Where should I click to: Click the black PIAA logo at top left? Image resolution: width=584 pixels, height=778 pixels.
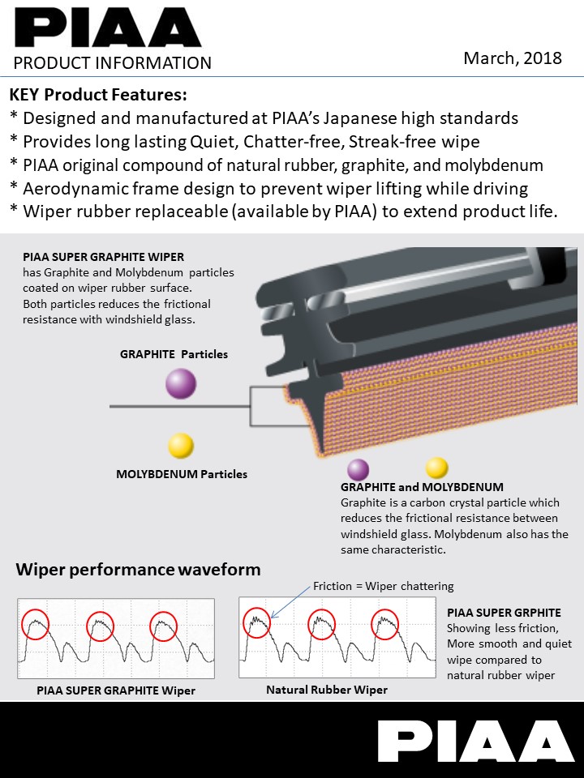[107, 28]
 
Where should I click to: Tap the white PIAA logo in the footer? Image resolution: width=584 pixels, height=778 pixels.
[475, 742]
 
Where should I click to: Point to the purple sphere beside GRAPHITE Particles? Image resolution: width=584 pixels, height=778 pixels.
[181, 383]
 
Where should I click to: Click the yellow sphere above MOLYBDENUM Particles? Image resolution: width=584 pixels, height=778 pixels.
[181, 446]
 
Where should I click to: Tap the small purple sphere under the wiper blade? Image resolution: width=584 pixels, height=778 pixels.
[358, 469]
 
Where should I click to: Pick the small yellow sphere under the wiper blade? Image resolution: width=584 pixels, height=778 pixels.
[436, 468]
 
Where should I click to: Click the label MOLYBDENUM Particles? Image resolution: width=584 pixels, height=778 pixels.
[182, 474]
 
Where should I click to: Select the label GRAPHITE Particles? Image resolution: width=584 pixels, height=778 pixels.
[174, 354]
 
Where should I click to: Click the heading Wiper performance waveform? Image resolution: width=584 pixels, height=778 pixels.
[138, 570]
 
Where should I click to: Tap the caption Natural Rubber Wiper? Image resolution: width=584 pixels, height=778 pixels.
[327, 690]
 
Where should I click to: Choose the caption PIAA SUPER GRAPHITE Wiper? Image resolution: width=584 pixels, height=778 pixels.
[116, 690]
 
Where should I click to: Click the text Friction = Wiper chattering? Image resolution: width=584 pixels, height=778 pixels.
[384, 586]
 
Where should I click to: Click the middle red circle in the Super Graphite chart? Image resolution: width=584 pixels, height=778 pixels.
[97, 625]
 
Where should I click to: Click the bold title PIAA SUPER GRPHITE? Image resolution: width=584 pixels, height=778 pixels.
[504, 613]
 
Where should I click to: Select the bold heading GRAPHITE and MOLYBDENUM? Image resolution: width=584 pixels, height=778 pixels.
[422, 487]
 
